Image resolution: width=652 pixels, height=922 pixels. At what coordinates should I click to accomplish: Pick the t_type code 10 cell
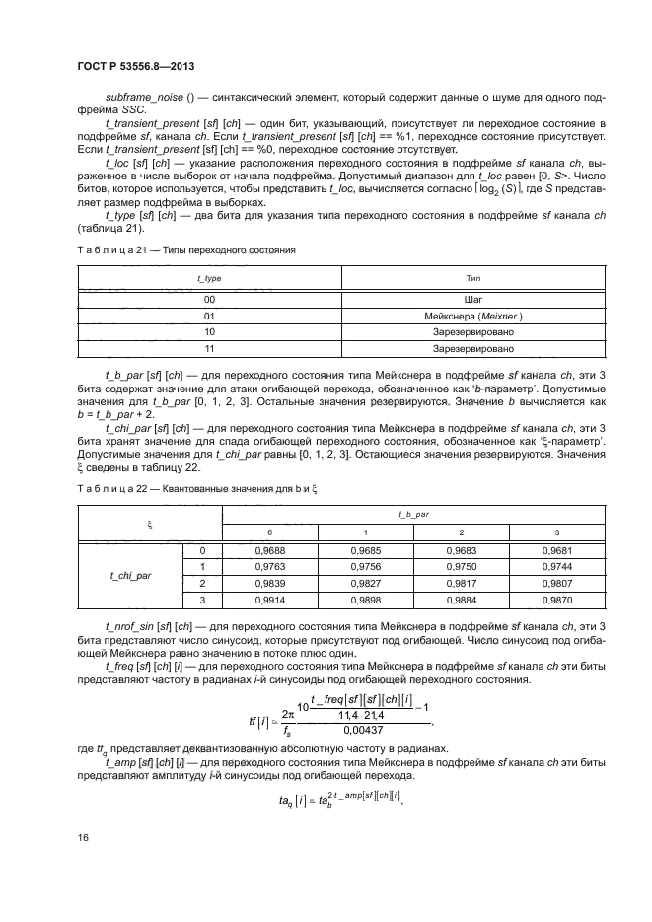click(209, 333)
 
